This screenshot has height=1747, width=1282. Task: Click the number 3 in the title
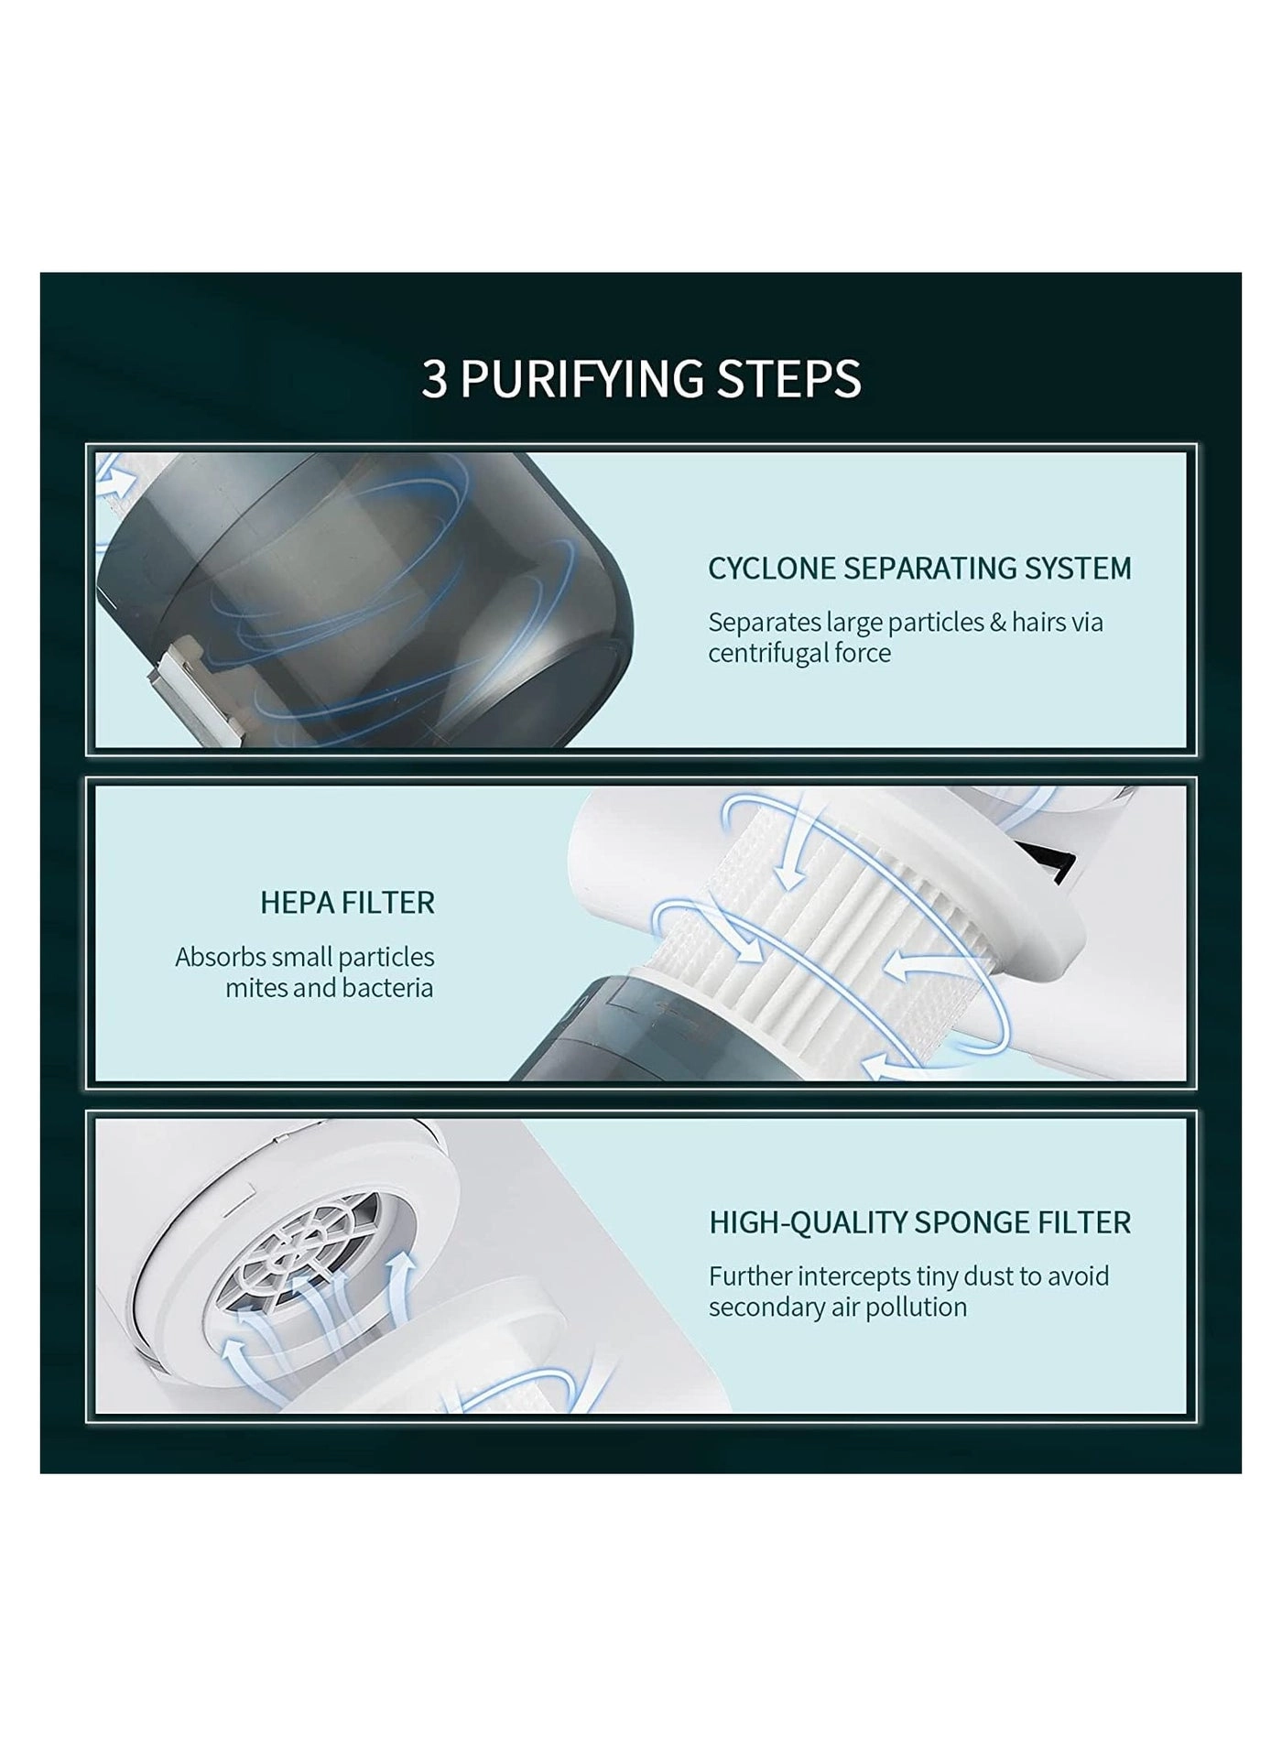[434, 379]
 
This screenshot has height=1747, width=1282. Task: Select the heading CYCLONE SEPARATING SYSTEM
[919, 569]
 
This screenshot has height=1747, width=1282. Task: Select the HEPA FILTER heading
[347, 903]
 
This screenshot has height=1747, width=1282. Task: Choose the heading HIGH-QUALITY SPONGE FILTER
[919, 1222]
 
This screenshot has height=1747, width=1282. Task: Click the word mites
[256, 989]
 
